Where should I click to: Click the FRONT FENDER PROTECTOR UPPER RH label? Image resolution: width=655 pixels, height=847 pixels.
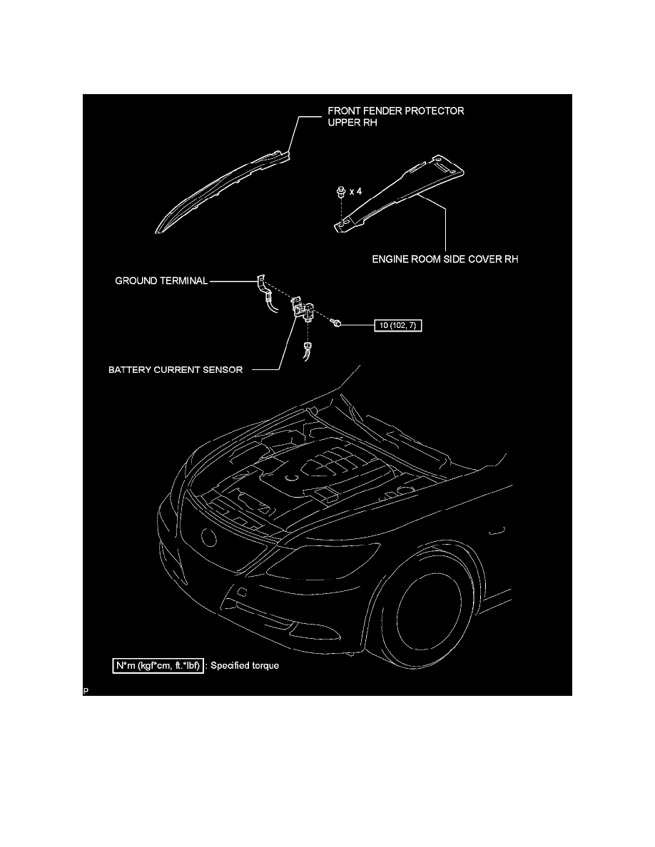tap(395, 116)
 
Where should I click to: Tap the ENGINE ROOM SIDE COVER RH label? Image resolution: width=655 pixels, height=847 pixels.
tap(445, 260)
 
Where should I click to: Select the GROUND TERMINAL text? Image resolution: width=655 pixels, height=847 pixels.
tap(161, 281)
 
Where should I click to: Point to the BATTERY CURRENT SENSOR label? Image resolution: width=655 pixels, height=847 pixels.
tap(176, 370)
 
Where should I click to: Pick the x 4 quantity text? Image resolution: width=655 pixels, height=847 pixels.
tap(355, 191)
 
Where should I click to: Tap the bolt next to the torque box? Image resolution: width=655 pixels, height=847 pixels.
tap(336, 323)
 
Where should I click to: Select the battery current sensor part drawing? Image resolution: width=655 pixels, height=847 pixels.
tap(303, 309)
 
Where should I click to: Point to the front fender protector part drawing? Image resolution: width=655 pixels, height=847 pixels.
tap(222, 192)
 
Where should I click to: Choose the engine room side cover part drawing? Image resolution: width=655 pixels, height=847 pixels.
tap(399, 192)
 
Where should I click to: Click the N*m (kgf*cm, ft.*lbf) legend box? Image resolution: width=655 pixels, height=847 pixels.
tap(158, 665)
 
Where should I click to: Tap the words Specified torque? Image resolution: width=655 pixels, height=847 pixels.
tap(245, 665)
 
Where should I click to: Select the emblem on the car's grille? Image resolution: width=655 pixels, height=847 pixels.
tap(208, 537)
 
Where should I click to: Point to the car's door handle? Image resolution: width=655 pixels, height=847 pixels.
tap(497, 531)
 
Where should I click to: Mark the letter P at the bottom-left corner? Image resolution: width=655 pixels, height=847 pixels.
tap(86, 691)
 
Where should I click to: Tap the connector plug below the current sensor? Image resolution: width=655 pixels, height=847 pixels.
tap(307, 350)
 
